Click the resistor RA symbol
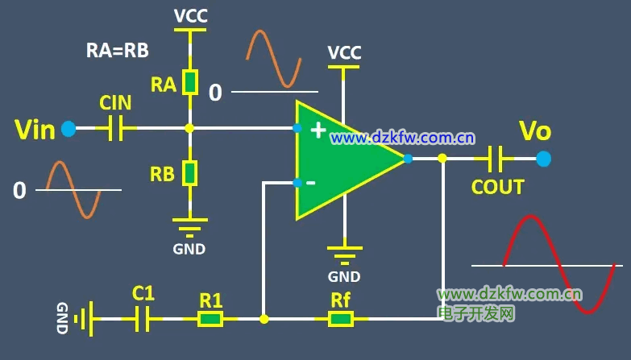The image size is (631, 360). (x=189, y=82)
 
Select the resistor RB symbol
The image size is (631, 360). (x=189, y=172)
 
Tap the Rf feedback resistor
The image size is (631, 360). (x=340, y=319)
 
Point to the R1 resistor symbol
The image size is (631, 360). (x=211, y=319)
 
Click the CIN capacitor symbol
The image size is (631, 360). (x=116, y=128)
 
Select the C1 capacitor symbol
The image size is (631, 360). (x=143, y=319)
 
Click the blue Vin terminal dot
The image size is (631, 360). (x=68, y=128)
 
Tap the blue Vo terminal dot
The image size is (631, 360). (x=544, y=159)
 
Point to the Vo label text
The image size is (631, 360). (x=535, y=130)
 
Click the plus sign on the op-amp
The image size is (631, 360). (x=318, y=130)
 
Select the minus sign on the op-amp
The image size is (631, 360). (x=311, y=183)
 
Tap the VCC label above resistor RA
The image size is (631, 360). (x=190, y=14)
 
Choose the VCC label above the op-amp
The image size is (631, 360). (x=344, y=53)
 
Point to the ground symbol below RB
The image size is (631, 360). (x=189, y=221)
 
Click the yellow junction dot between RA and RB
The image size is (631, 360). (x=189, y=128)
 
